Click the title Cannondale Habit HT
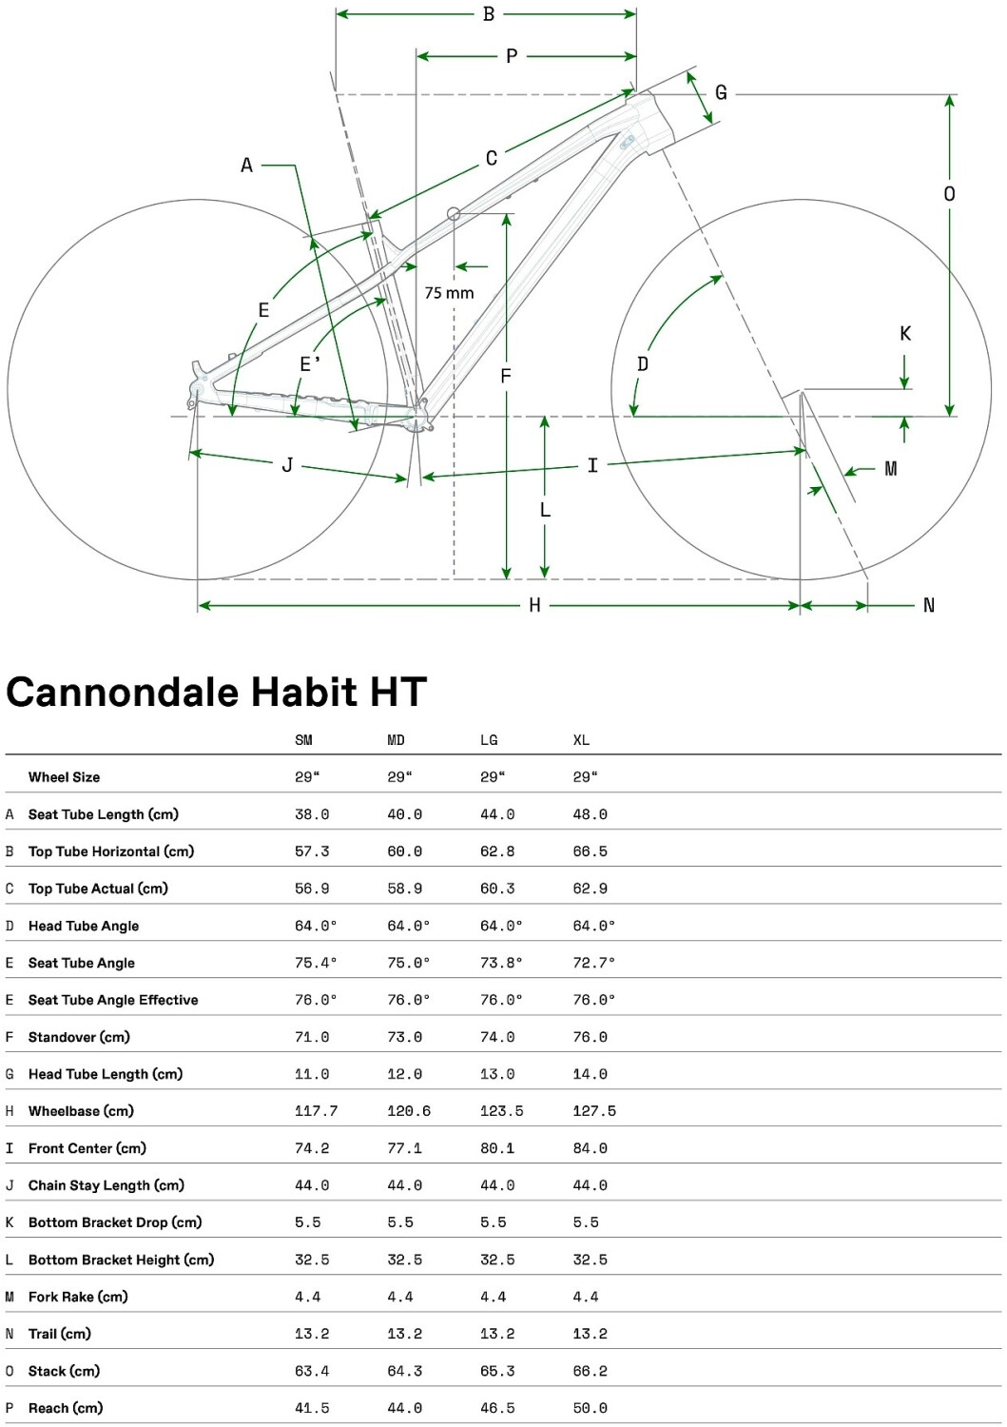(x=217, y=693)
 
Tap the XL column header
(x=581, y=740)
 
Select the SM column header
(x=303, y=740)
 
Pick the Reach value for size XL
(x=590, y=1408)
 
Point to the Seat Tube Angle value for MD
(x=408, y=963)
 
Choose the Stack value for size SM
(x=312, y=1371)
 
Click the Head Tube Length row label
(x=106, y=1074)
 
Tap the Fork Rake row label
(x=78, y=1297)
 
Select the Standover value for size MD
(x=404, y=1037)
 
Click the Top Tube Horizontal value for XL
(x=590, y=851)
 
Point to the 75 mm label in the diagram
(x=449, y=293)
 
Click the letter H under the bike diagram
(x=534, y=605)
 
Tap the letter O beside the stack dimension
(x=949, y=194)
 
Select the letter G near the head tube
(x=721, y=92)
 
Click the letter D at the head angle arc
(x=643, y=364)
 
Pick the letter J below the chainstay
(x=287, y=465)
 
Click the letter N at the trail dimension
(x=929, y=605)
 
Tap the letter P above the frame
(x=512, y=56)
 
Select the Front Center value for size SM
(x=312, y=1148)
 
